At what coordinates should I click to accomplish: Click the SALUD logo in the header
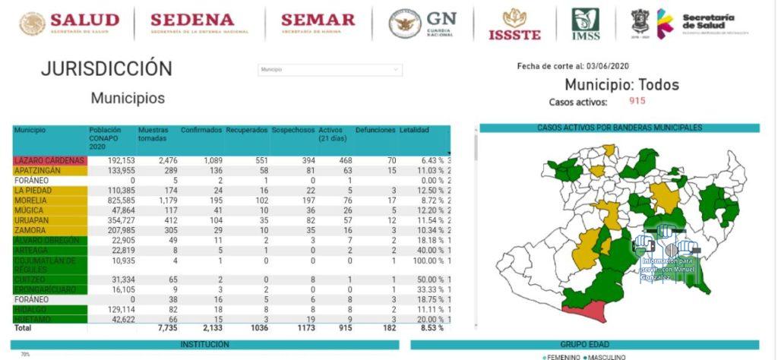(x=69, y=24)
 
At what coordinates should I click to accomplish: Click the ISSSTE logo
(x=515, y=24)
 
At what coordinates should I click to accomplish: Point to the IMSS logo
(x=586, y=24)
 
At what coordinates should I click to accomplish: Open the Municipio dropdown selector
(x=330, y=70)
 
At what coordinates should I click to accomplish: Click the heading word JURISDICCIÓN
(x=106, y=68)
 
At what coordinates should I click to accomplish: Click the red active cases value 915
(x=637, y=101)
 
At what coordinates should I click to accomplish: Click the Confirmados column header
(x=201, y=131)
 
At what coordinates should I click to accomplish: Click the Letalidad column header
(x=414, y=131)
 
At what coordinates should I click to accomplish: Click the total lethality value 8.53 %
(x=426, y=327)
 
